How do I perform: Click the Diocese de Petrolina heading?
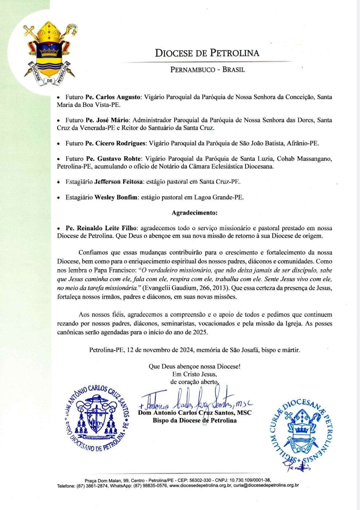coord(207,53)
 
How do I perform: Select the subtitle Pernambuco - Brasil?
coord(207,69)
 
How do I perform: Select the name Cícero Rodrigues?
coord(121,143)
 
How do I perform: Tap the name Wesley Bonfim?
coord(116,198)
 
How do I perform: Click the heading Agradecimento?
coord(194,213)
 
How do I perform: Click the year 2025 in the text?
coord(200,332)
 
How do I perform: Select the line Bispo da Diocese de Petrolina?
coord(194,421)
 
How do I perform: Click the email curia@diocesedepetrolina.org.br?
coord(266,486)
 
